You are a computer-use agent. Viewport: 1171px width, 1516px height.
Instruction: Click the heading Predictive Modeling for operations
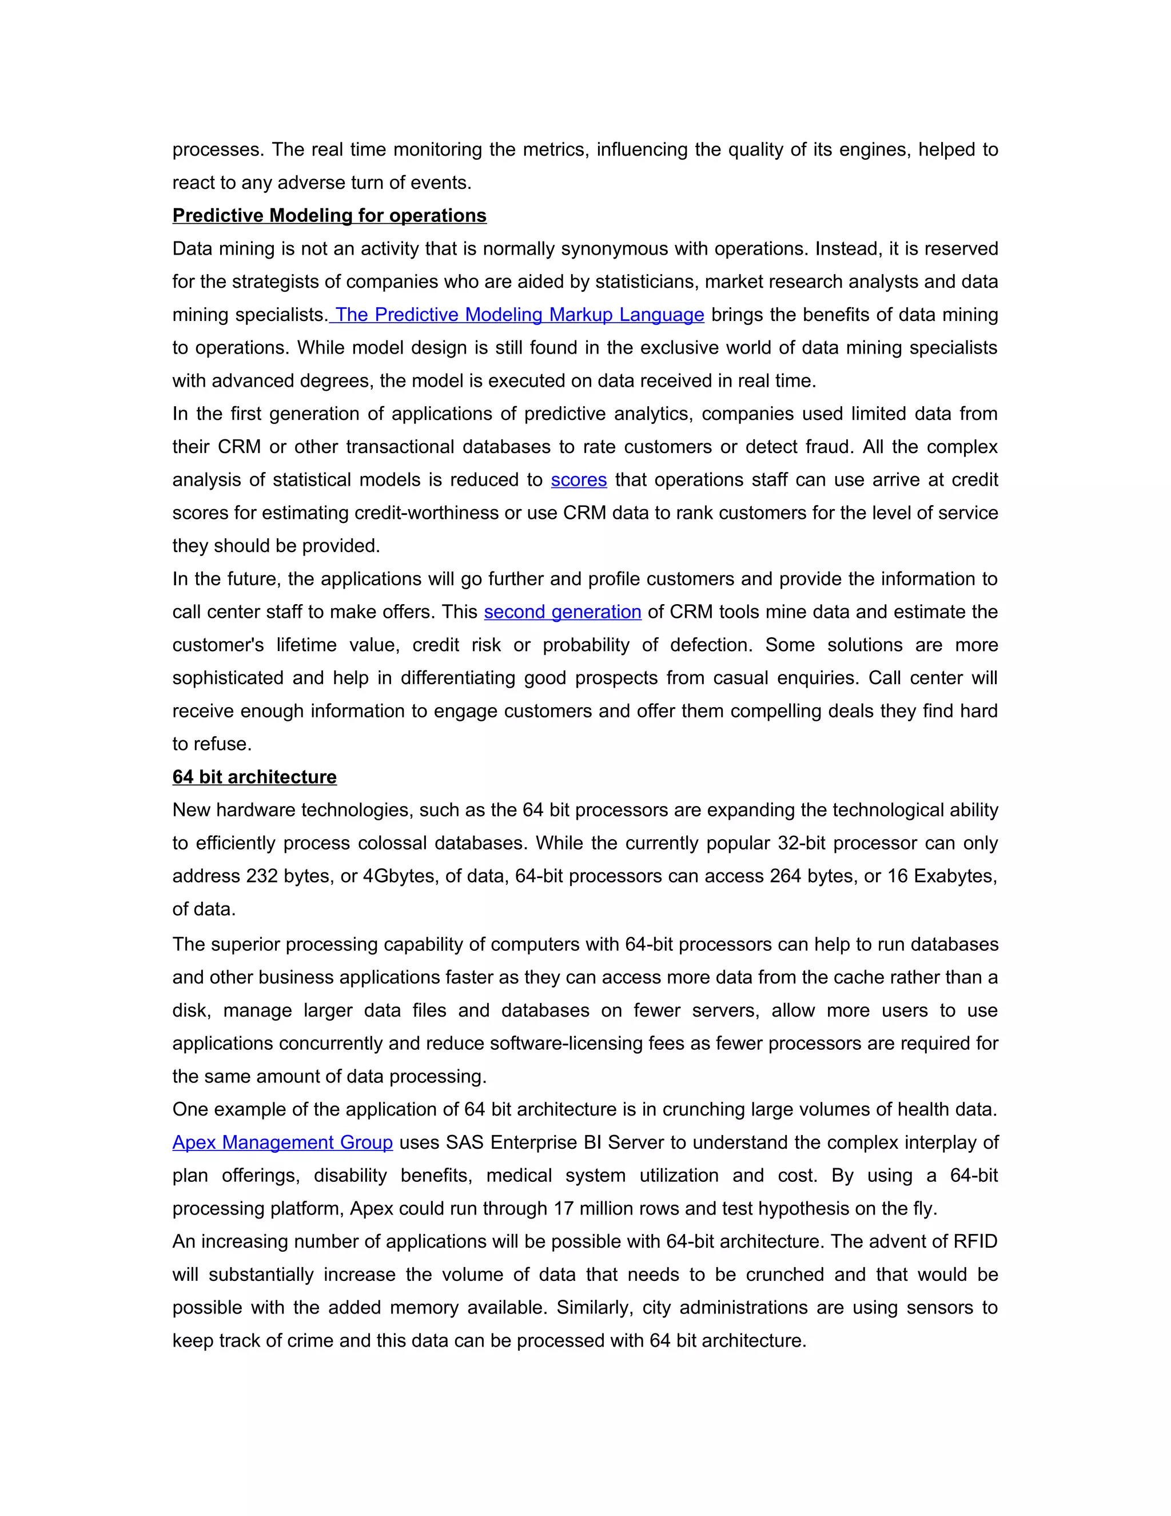pyautogui.click(x=329, y=216)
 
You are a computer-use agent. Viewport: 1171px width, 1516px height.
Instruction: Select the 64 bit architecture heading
pyautogui.click(x=254, y=777)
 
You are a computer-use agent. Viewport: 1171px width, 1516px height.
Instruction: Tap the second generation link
pyautogui.click(x=562, y=612)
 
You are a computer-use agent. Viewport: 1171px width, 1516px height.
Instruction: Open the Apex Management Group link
pyautogui.click(x=282, y=1142)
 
